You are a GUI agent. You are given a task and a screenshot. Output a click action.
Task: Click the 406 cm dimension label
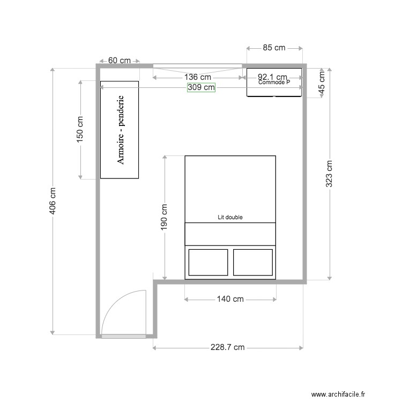click(x=53, y=202)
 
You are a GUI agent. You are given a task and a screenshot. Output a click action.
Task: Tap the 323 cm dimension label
click(x=329, y=174)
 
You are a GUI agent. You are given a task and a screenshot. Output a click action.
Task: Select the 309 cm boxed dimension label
click(x=201, y=87)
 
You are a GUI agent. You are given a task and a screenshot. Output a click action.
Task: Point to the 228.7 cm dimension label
click(x=227, y=347)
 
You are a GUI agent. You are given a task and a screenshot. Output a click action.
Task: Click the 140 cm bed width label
click(x=230, y=299)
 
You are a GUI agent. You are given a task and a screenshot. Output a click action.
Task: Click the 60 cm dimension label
click(x=120, y=60)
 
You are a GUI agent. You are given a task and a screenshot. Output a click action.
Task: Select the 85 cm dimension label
click(x=274, y=48)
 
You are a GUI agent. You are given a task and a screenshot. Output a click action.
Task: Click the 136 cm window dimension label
click(x=197, y=77)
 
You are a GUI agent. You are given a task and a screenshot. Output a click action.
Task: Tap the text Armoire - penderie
click(x=121, y=130)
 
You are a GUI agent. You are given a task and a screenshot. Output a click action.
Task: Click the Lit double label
click(x=230, y=218)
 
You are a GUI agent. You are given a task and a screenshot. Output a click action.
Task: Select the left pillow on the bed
click(x=209, y=262)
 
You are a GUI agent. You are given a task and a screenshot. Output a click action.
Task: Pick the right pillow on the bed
click(x=253, y=262)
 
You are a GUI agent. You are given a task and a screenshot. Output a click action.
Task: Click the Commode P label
click(x=274, y=83)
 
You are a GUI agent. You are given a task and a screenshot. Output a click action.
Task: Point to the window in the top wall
click(x=197, y=66)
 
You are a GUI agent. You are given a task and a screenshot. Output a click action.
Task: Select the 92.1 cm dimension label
click(x=272, y=77)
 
